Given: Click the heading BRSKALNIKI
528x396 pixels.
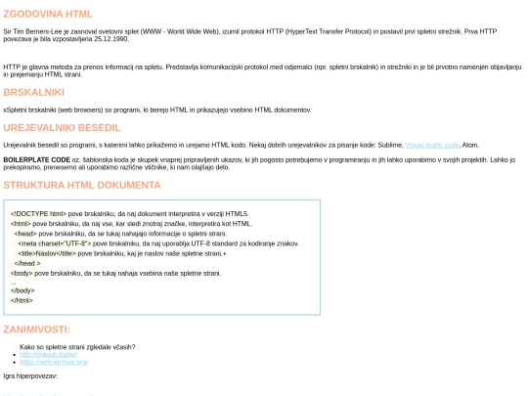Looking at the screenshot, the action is [x=33, y=92].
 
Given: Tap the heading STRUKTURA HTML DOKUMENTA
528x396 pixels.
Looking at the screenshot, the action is [x=81, y=185].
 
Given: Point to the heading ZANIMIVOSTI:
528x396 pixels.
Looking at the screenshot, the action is [x=36, y=329].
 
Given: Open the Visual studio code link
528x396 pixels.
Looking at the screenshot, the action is [x=431, y=144].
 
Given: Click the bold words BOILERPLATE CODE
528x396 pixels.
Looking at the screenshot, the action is [x=36, y=158].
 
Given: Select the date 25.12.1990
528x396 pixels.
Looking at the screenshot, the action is [x=111, y=41].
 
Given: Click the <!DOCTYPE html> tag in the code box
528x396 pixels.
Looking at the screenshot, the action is [x=38, y=213].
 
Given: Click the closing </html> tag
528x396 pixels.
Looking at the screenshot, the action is [x=22, y=300].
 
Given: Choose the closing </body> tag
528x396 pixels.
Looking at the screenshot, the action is [x=22, y=290].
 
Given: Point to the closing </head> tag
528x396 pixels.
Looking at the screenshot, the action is [x=28, y=263].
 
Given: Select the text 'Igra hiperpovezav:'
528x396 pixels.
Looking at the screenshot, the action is [x=30, y=375].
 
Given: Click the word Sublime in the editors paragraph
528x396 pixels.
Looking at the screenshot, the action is [x=389, y=144].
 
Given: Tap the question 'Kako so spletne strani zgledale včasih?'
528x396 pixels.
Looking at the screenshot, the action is [x=77, y=346].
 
